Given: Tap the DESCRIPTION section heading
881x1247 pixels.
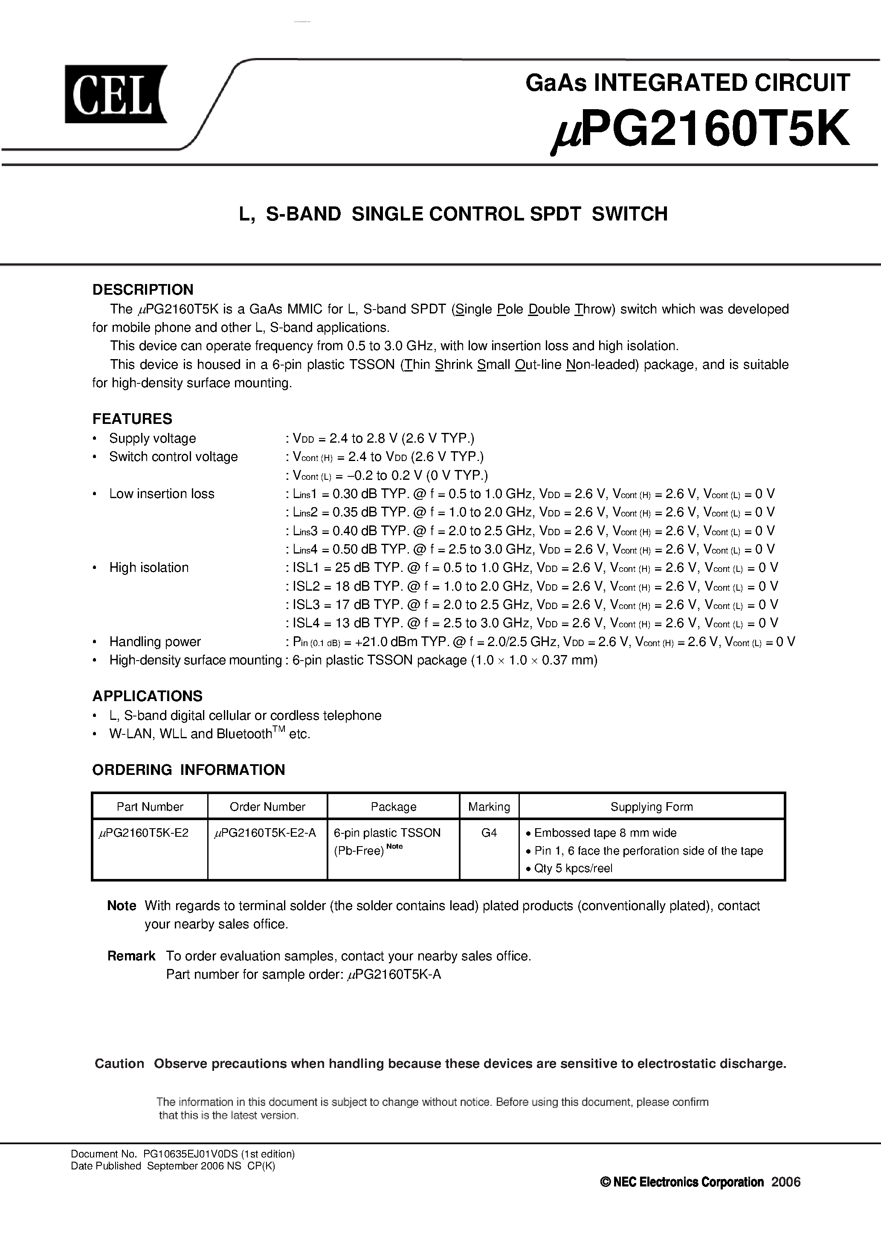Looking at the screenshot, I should coord(143,290).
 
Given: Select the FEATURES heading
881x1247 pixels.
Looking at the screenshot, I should coord(132,419).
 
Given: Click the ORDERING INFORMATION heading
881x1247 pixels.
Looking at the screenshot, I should coord(188,770).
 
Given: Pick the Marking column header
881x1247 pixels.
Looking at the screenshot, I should coord(489,806).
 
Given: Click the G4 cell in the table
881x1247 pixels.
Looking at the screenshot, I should coord(489,832).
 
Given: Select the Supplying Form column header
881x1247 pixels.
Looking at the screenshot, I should coord(651,806).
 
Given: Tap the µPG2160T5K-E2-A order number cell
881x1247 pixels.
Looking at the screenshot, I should coord(265,832).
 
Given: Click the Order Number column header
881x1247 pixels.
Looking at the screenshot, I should coord(267,806).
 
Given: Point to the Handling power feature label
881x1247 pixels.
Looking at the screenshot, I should coord(155,641).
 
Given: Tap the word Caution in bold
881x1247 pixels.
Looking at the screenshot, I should coord(119,1064).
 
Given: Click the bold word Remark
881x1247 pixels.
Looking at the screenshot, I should coord(131,956).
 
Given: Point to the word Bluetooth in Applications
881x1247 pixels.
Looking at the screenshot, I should coord(244,734).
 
